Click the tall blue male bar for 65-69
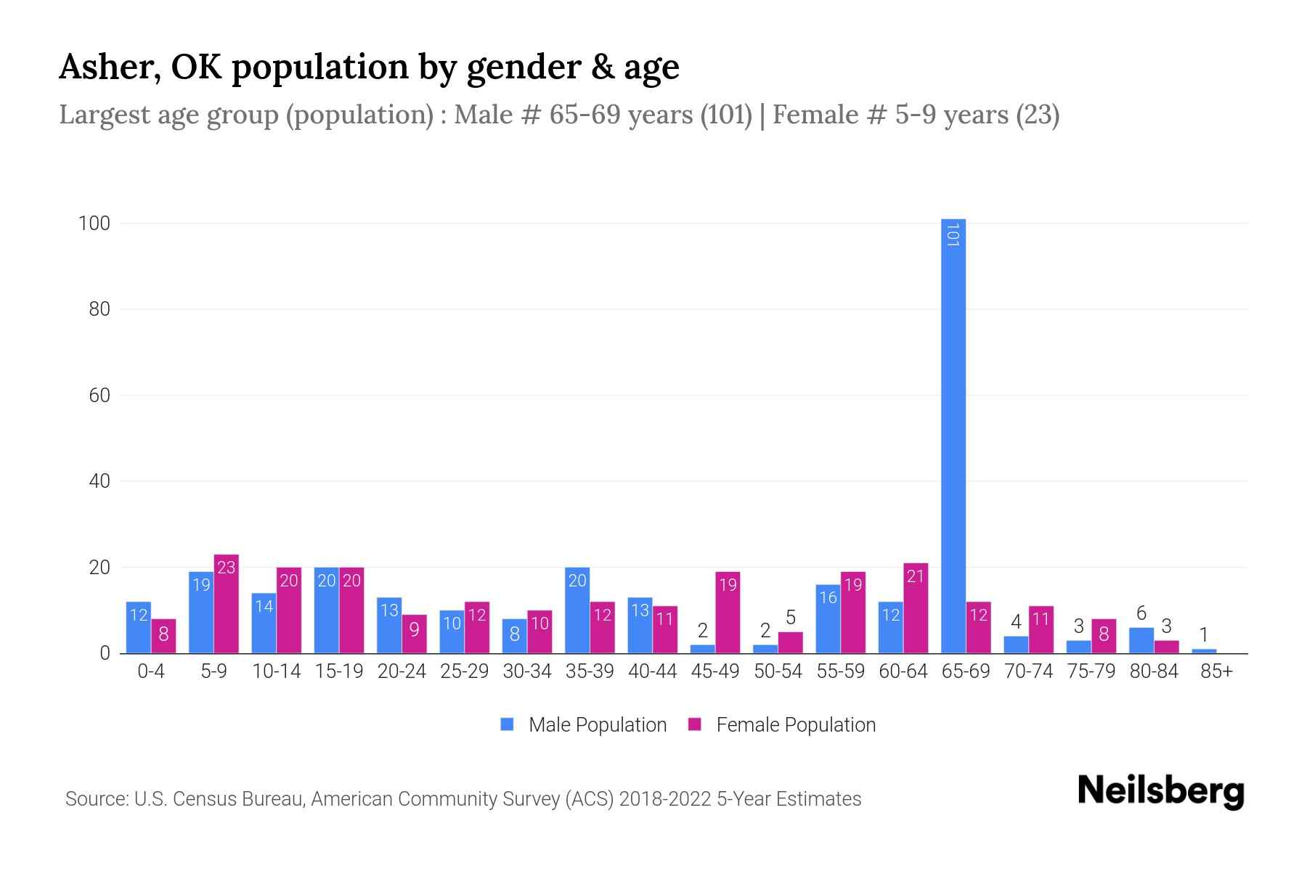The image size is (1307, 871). [x=953, y=435]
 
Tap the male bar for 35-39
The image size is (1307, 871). [x=577, y=610]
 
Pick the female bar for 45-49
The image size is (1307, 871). [x=728, y=613]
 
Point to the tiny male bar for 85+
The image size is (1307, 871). [x=1204, y=651]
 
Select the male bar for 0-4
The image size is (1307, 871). [x=139, y=628]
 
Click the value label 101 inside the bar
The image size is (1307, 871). [x=953, y=235]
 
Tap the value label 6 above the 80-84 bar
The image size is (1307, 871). [x=1141, y=613]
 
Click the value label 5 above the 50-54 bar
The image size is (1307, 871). [x=791, y=618]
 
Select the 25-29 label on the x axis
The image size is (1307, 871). [x=464, y=671]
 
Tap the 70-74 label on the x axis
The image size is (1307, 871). [x=1028, y=671]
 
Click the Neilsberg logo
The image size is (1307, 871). [x=1160, y=792]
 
